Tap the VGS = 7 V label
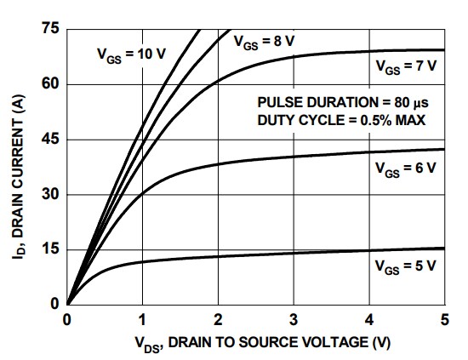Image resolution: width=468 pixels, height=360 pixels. click(x=405, y=66)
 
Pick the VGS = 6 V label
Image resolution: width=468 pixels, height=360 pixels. click(x=405, y=168)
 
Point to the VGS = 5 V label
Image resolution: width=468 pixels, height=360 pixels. click(x=405, y=266)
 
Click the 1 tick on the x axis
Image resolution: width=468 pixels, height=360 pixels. click(x=142, y=320)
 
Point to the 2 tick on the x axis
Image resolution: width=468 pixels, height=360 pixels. click(x=218, y=320)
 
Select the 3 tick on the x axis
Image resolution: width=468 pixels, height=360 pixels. click(x=294, y=320)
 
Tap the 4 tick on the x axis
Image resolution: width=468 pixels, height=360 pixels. click(x=368, y=320)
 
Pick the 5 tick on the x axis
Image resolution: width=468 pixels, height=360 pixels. click(x=443, y=320)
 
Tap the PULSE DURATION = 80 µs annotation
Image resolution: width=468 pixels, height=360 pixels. click(x=340, y=102)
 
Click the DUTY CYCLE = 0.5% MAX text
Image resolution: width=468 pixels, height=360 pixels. click(x=340, y=119)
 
